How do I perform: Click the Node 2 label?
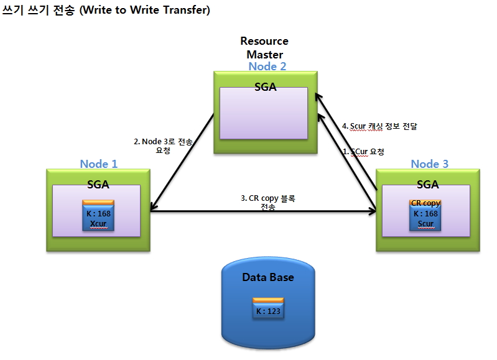pyautogui.click(x=267, y=67)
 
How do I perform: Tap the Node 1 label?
pyautogui.click(x=98, y=164)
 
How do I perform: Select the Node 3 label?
pyautogui.click(x=429, y=164)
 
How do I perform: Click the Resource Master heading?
pyautogui.click(x=264, y=47)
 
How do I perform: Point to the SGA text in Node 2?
pyautogui.click(x=266, y=87)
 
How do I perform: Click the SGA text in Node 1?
pyautogui.click(x=98, y=185)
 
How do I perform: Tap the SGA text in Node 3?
pyautogui.click(x=427, y=185)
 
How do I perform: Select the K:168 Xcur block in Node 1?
pyautogui.click(x=98, y=215)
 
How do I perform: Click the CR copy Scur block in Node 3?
pyautogui.click(x=425, y=215)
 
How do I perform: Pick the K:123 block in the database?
pyautogui.click(x=268, y=308)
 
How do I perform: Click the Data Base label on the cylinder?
pyautogui.click(x=268, y=277)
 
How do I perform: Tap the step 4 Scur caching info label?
pyautogui.click(x=379, y=126)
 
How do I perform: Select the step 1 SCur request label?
pyautogui.click(x=363, y=152)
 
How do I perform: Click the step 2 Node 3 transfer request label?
pyautogui.click(x=163, y=145)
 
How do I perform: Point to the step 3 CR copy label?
pyautogui.click(x=268, y=203)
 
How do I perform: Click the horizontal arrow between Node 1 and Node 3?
pyautogui.click(x=263, y=210)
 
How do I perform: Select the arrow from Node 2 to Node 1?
pyautogui.click(x=182, y=162)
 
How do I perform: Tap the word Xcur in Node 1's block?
pyautogui.click(x=98, y=224)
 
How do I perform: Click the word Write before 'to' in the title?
pyautogui.click(x=98, y=10)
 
